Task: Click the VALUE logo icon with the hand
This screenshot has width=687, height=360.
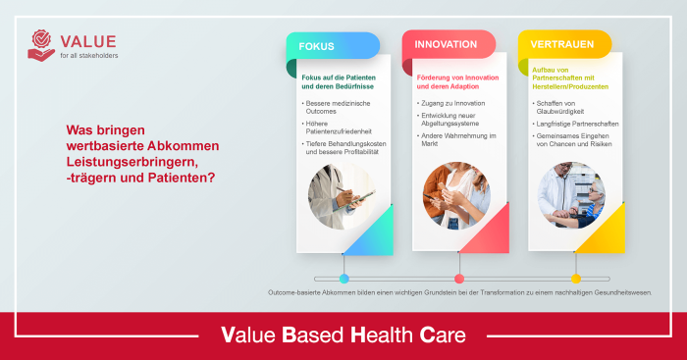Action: point(42,45)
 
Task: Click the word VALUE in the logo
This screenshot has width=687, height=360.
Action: point(88,40)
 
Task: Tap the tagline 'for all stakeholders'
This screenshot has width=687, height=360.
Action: point(88,55)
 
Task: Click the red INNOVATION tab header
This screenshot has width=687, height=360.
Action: point(446,44)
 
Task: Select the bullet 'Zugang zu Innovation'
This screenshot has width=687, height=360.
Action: point(452,102)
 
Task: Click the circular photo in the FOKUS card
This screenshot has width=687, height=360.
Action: point(341,194)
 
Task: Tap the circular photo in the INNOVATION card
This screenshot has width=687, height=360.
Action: point(456,194)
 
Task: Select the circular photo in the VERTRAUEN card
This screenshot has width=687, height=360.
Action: point(572,194)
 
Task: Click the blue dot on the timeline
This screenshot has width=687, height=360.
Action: point(343,279)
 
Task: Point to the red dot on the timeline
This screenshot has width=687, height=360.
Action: point(458,279)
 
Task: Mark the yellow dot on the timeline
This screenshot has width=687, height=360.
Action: point(576,279)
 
